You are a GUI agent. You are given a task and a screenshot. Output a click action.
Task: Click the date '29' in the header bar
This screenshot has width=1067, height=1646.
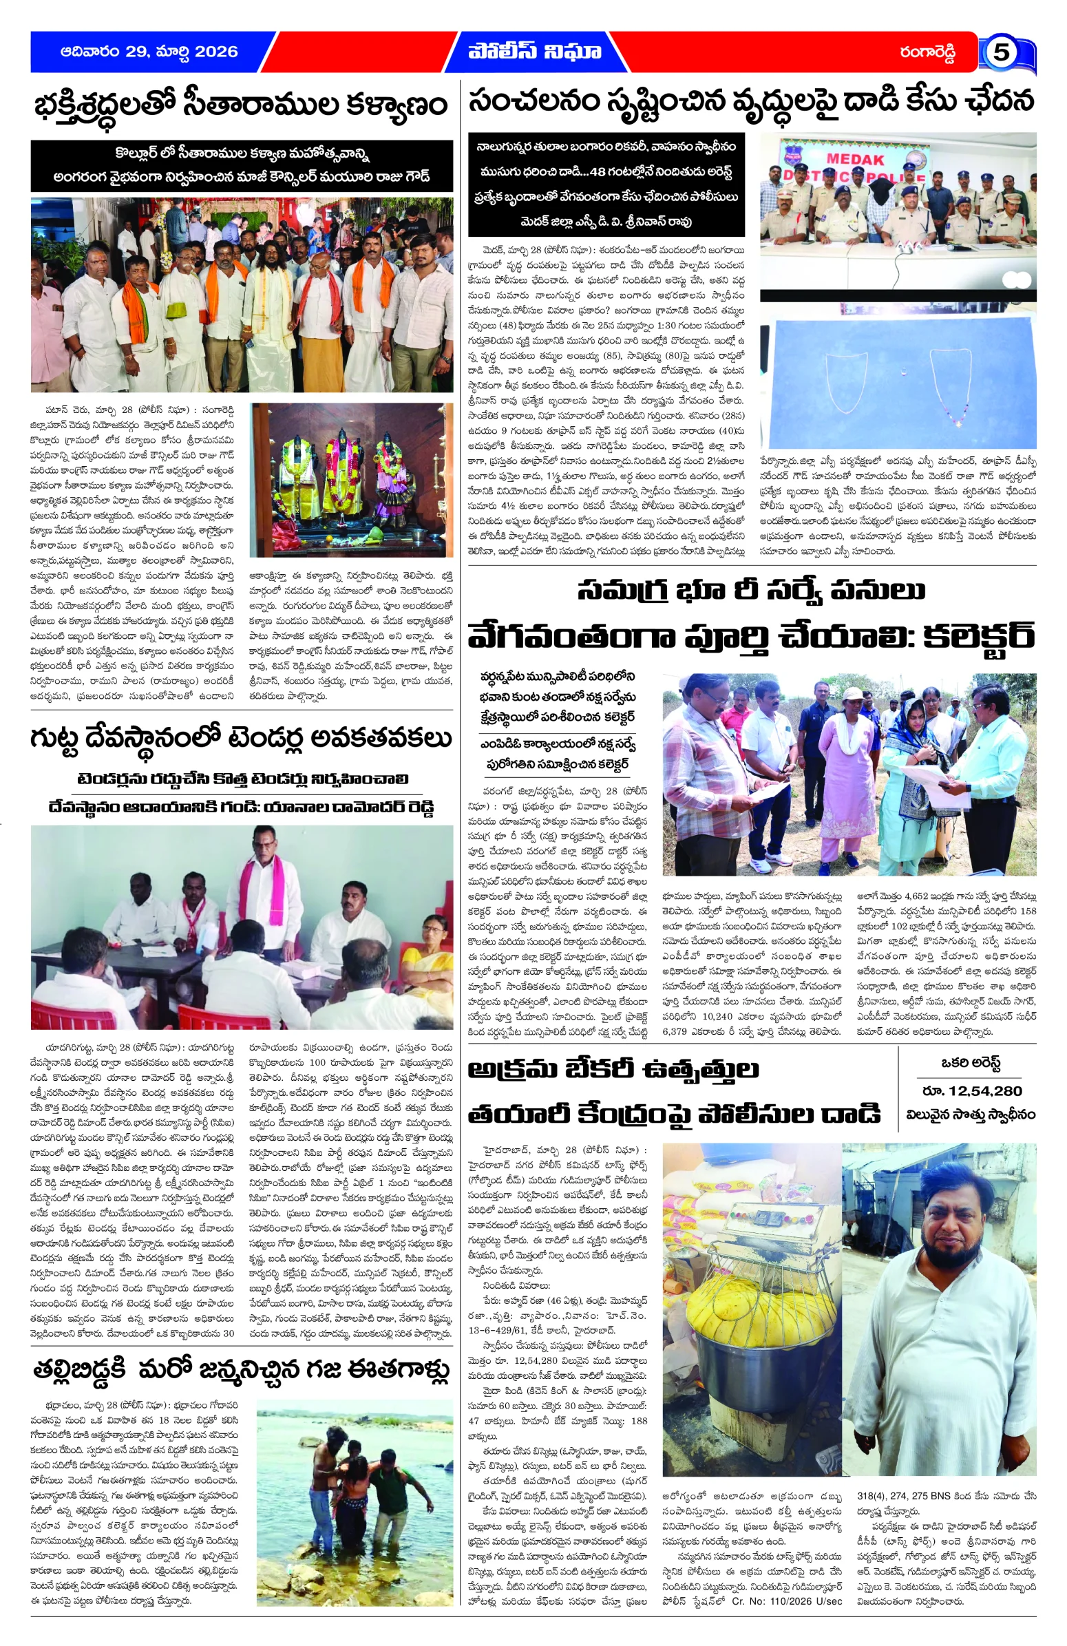click(137, 52)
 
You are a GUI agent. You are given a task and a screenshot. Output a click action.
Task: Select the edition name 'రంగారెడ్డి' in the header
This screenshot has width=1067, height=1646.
click(927, 52)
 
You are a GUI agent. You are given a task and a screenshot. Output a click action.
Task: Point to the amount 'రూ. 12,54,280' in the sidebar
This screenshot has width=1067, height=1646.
click(971, 1090)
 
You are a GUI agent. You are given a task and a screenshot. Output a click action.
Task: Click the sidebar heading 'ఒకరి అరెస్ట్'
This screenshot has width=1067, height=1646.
click(971, 1064)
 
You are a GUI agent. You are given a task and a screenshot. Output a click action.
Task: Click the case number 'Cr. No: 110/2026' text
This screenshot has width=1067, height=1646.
click(768, 1621)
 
